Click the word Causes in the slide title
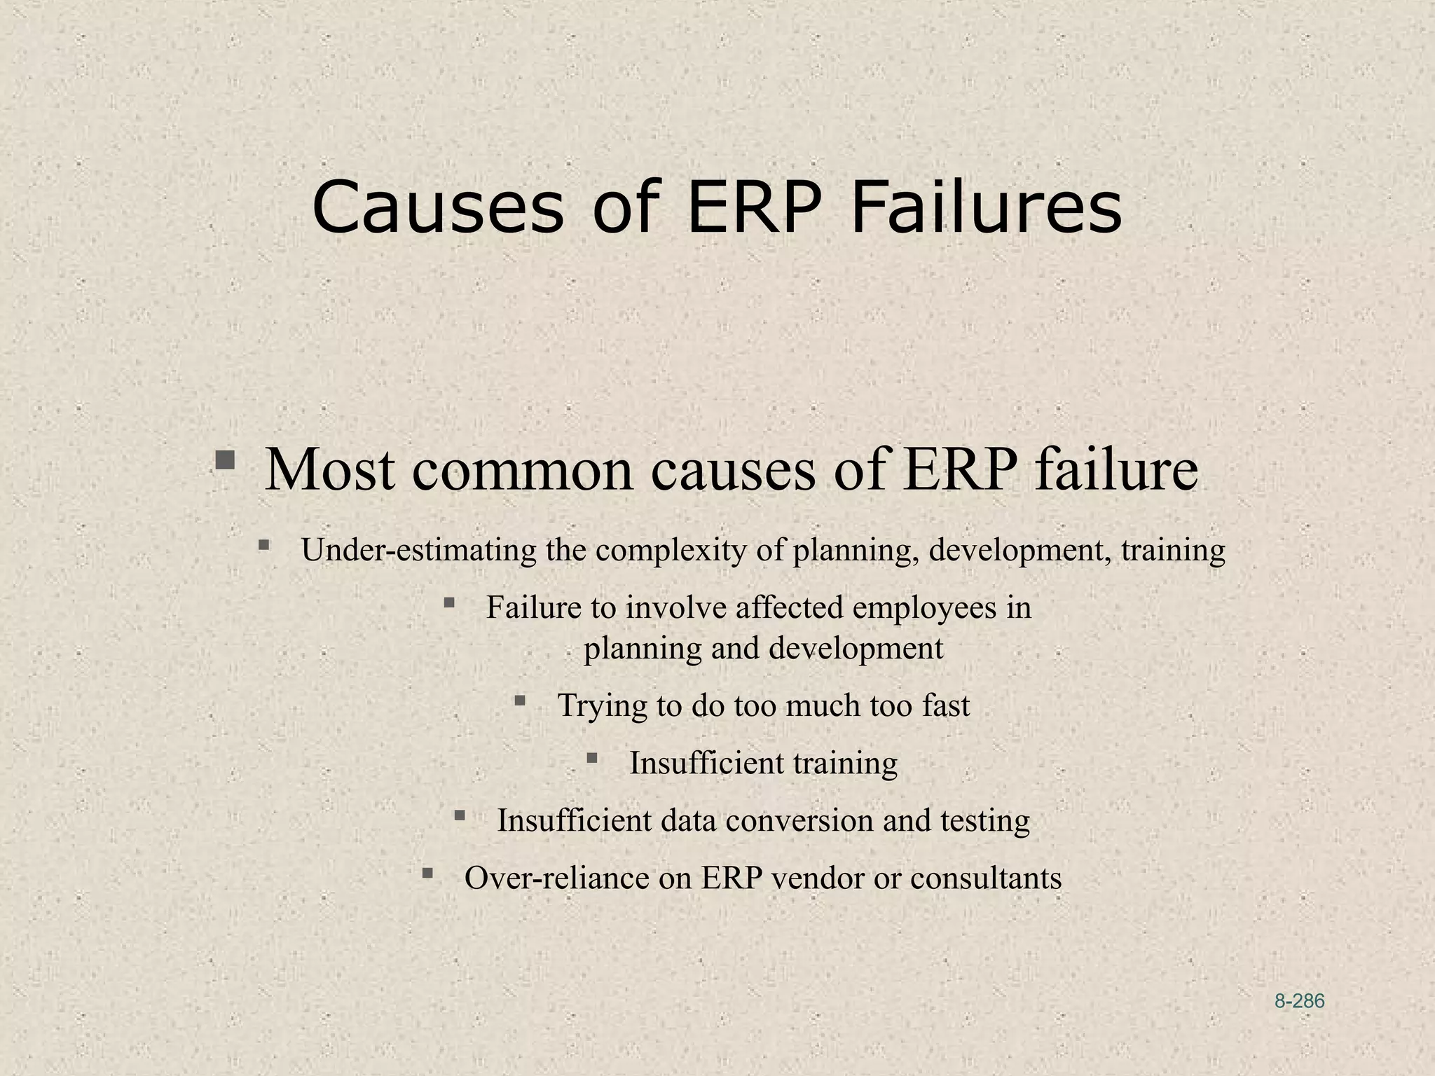pyautogui.click(x=438, y=208)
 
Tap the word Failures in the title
pyautogui.click(x=987, y=208)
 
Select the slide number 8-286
pyautogui.click(x=1299, y=1001)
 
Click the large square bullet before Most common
pyautogui.click(x=225, y=460)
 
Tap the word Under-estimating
pyautogui.click(x=418, y=551)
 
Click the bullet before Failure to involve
pyautogui.click(x=450, y=602)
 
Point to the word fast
pyautogui.click(x=945, y=705)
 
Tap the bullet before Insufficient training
pyautogui.click(x=592, y=757)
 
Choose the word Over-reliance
pyautogui.click(x=556, y=878)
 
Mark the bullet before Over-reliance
pyautogui.click(x=427, y=873)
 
